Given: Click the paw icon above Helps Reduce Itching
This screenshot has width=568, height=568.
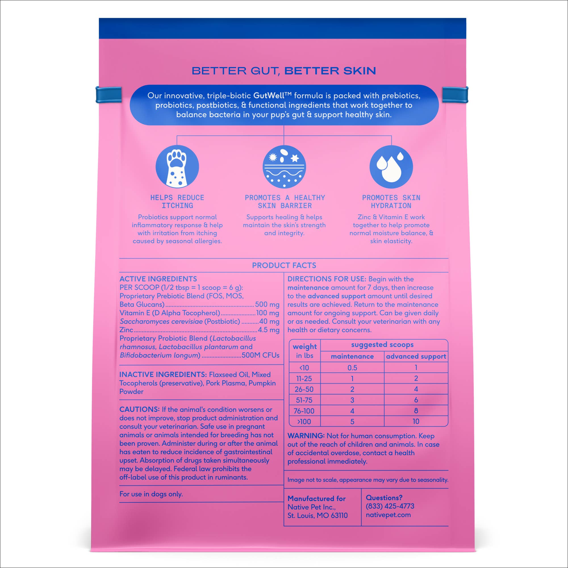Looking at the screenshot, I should pyautogui.click(x=177, y=167).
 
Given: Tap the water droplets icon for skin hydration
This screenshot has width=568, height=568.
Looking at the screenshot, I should pyautogui.click(x=391, y=167).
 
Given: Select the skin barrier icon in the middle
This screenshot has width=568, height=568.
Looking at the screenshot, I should pyautogui.click(x=284, y=167).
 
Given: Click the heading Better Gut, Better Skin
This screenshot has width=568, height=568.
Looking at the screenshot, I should pyautogui.click(x=284, y=71).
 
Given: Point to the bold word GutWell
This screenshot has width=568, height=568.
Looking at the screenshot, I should pyautogui.click(x=269, y=95).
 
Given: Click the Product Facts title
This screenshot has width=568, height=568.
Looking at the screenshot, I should pyautogui.click(x=284, y=266).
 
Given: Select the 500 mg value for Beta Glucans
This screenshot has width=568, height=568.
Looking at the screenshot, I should pyautogui.click(x=267, y=304).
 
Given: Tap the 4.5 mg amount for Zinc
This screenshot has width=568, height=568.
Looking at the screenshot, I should pyautogui.click(x=268, y=330).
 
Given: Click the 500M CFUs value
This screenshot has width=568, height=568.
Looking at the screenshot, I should pyautogui.click(x=260, y=355).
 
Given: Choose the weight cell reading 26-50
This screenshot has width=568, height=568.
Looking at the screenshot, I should pyautogui.click(x=304, y=389).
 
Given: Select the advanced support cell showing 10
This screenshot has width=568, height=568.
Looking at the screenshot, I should pyautogui.click(x=416, y=421).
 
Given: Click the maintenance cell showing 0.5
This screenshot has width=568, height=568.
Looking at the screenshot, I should pyautogui.click(x=352, y=368).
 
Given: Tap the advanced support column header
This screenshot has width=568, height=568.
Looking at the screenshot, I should pyautogui.click(x=416, y=356).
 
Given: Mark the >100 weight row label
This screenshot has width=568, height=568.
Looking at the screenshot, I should pyautogui.click(x=304, y=421).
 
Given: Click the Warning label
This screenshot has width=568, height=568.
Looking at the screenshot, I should pyautogui.click(x=306, y=436).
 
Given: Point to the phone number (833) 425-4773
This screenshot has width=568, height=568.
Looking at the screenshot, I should pyautogui.click(x=390, y=506).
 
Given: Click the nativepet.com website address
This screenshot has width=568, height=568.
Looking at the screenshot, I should pyautogui.click(x=388, y=515).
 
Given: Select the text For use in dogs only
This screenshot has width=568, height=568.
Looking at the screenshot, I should pyautogui.click(x=151, y=494).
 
